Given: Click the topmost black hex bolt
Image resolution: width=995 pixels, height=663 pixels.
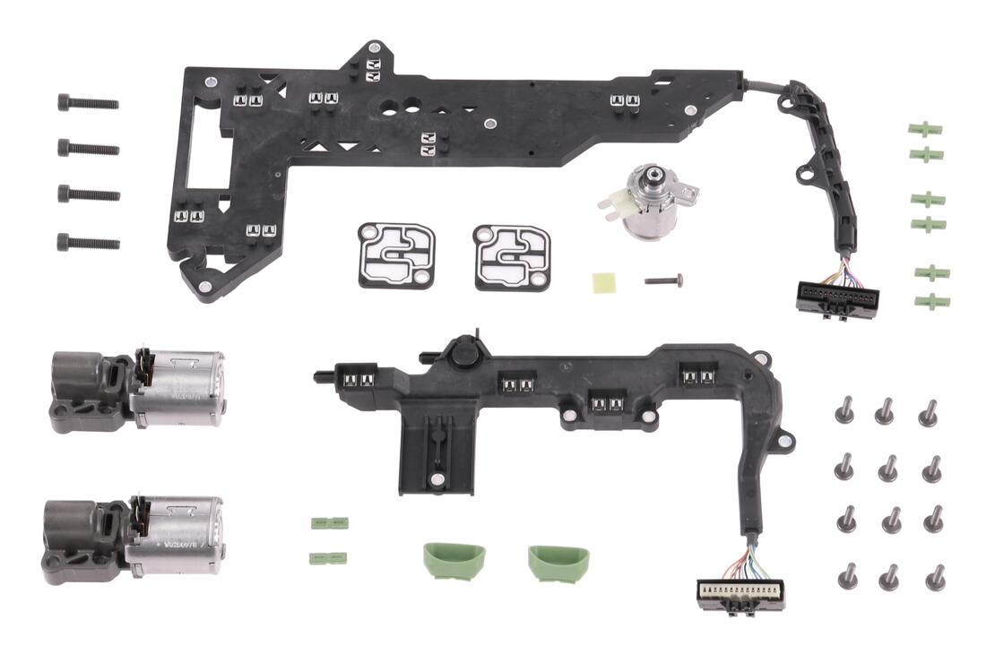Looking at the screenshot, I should click(88, 103).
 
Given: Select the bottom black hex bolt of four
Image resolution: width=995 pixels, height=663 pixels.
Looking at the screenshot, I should click(88, 242).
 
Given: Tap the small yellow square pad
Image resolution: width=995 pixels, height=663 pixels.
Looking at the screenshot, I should click(602, 281).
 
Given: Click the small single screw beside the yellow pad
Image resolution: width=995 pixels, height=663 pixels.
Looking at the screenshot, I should click(664, 280).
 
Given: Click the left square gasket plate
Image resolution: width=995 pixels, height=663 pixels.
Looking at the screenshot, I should click(397, 255).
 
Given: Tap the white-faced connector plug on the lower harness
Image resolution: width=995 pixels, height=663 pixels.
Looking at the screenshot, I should click(741, 594).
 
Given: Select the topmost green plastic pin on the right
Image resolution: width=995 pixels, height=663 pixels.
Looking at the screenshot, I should click(925, 129).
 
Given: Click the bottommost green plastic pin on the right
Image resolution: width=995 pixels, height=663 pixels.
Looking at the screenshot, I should click(931, 300).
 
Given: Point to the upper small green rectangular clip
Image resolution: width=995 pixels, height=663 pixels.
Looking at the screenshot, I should click(329, 523).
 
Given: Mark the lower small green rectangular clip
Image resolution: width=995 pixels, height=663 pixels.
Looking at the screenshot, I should click(328, 558).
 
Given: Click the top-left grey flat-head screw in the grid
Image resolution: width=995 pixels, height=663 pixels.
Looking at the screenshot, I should click(844, 410).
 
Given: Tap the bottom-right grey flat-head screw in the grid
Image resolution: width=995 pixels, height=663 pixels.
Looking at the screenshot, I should click(935, 577).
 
